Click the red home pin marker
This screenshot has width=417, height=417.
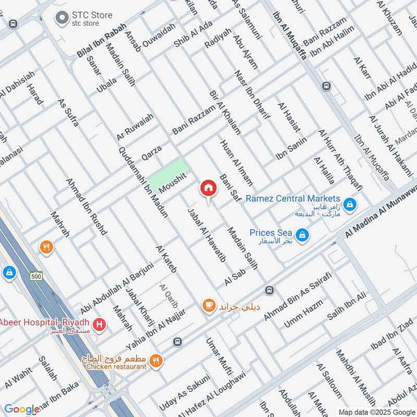point(208,188)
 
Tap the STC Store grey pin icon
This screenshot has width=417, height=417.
point(63,18)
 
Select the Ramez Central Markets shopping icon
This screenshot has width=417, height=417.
point(350,203)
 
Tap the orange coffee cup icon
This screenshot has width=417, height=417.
point(209,305)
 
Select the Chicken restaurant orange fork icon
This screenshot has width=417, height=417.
point(155,361)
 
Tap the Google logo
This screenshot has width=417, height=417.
point(21,409)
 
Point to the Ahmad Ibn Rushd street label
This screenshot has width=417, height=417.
point(87,206)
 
